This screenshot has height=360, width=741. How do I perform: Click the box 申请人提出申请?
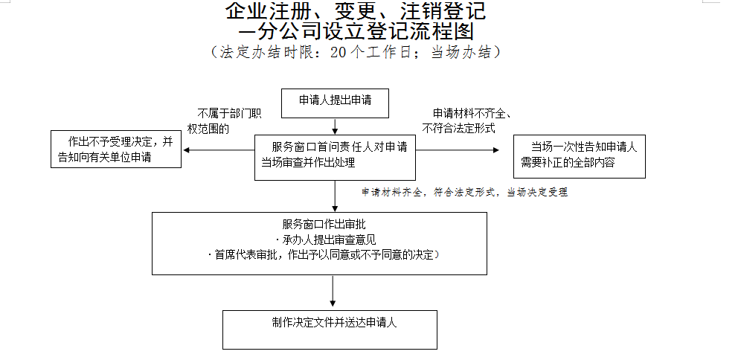pos(335,103)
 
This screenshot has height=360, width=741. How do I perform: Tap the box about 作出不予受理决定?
pos(115,149)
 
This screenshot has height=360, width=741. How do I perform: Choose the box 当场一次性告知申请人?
pos(580,155)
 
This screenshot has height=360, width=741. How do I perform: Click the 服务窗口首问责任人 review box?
pos(334,157)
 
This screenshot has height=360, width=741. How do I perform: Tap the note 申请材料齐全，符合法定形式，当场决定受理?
pos(465,193)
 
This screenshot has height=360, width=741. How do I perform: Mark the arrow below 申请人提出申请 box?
pos(335,126)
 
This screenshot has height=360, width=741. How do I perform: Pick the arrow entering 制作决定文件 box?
pos(333,292)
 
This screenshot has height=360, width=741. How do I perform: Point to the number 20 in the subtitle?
pos(337,53)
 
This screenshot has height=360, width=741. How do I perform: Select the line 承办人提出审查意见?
pos(327,240)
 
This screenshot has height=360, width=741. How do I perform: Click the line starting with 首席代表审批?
pos(324,255)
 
